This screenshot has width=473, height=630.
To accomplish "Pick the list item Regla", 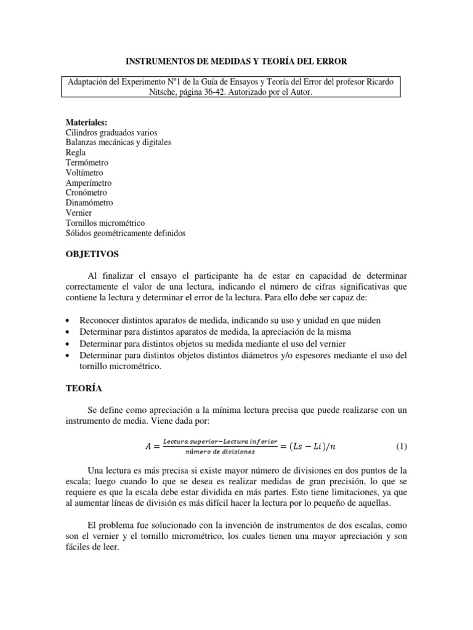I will click(76, 153).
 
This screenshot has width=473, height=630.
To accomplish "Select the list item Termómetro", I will click(87, 162).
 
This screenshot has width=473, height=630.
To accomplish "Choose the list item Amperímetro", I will click(89, 183).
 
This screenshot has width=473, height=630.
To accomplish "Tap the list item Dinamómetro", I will click(89, 202).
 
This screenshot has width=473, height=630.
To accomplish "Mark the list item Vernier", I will click(78, 213).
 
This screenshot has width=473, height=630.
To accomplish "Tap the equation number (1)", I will click(401, 446).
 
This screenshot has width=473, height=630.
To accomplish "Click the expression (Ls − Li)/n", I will click(322, 446).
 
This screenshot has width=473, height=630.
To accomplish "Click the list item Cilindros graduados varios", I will click(111, 132).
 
